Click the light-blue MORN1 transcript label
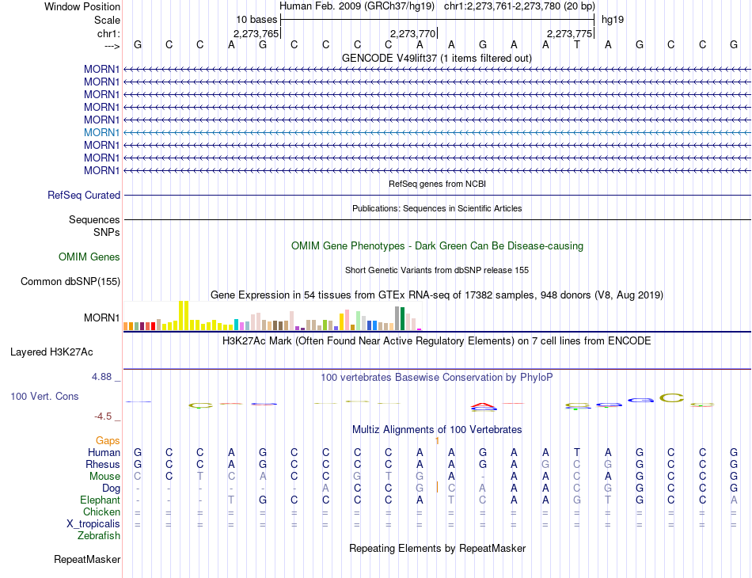coord(101,132)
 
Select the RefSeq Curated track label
coord(84,195)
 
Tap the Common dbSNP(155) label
coord(70,281)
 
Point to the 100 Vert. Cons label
coord(44,396)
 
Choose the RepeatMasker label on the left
coord(87,560)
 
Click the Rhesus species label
coord(103,464)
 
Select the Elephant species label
coord(100,500)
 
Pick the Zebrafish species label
coord(99,536)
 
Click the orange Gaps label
coord(108,440)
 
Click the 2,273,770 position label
coord(413,34)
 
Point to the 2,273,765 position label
coord(256,34)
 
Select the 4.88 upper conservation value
coord(102,378)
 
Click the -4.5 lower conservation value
coord(102,416)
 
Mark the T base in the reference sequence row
coord(577,45)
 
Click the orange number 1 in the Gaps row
coord(437,440)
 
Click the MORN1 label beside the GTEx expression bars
coord(101,318)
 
